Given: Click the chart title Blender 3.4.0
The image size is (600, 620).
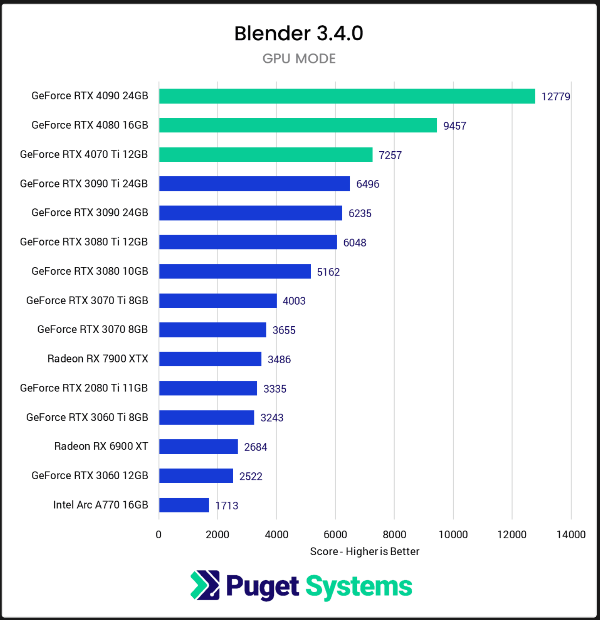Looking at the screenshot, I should click(299, 33).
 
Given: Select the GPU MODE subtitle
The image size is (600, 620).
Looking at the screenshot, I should click(299, 59).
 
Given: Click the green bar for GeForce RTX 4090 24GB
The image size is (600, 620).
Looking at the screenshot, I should click(347, 96).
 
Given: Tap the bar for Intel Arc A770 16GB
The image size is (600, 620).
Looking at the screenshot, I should click(184, 505).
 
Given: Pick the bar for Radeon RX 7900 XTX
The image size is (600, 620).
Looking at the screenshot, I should click(210, 359).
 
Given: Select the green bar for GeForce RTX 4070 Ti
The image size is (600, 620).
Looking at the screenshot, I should click(266, 154).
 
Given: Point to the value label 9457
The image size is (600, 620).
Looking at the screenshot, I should click(455, 126).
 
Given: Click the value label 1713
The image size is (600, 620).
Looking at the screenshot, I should click(227, 506).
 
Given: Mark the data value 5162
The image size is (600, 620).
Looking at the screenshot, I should click(328, 272).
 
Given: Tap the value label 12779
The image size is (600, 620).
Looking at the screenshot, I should click(556, 97).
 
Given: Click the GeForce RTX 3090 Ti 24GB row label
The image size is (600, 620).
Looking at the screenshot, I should click(84, 183).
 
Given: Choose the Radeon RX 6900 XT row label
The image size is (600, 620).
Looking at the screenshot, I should click(101, 446).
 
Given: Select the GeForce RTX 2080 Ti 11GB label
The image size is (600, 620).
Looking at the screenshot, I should click(84, 388).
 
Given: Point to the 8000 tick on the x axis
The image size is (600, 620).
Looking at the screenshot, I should click(394, 534).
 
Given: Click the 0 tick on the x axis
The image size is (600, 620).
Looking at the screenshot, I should click(159, 534).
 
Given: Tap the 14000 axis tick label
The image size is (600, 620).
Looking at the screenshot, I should click(571, 534).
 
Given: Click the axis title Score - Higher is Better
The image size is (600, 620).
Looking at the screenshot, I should click(364, 551).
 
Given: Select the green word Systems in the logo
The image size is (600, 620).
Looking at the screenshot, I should click(359, 587).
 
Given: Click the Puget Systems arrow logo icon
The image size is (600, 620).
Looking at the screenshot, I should click(205, 585).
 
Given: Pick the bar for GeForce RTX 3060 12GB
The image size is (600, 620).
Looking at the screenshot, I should click(196, 476).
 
